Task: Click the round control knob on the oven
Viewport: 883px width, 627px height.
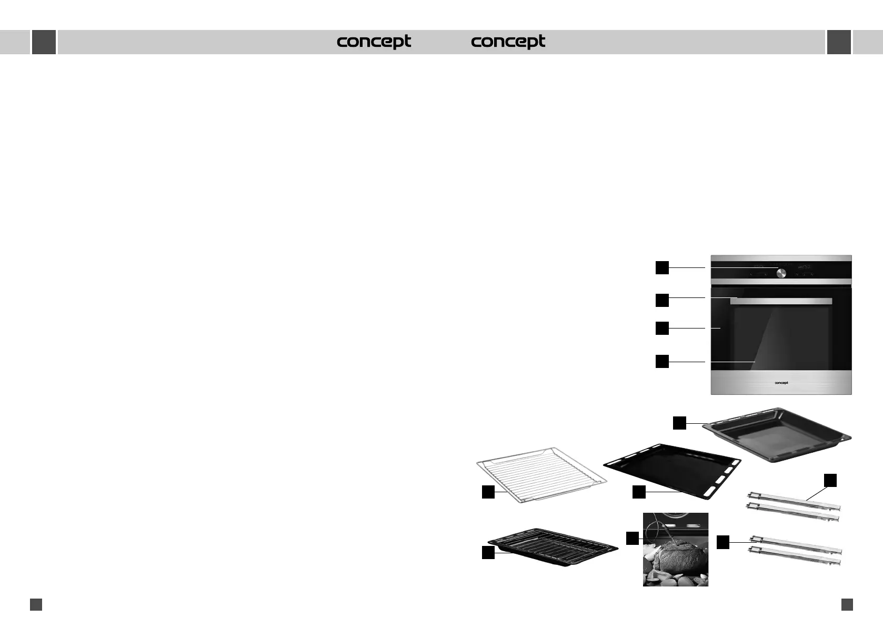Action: (781, 273)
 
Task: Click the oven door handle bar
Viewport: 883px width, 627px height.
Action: (781, 301)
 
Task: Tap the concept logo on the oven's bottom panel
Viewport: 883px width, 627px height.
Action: (781, 383)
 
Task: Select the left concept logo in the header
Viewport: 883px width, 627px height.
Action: (374, 42)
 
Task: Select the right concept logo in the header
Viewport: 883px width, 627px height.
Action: (508, 42)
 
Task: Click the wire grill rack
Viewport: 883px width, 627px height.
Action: (542, 474)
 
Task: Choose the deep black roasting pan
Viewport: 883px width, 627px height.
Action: (777, 434)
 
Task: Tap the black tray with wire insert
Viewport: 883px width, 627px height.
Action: (553, 546)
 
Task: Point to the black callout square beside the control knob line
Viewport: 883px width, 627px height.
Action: (662, 267)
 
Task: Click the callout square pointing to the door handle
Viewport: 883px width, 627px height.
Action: (662, 300)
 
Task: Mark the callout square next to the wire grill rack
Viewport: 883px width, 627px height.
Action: (488, 492)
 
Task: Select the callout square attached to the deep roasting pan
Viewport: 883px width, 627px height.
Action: (680, 423)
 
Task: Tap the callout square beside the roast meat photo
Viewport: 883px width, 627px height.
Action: (632, 538)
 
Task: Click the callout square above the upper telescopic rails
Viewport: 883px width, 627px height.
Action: (830, 480)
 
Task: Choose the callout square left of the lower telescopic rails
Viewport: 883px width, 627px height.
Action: (723, 542)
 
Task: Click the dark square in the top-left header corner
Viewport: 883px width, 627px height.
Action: (44, 42)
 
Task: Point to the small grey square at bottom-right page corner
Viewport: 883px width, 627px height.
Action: (847, 604)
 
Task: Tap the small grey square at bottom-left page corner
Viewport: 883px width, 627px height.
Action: (36, 604)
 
